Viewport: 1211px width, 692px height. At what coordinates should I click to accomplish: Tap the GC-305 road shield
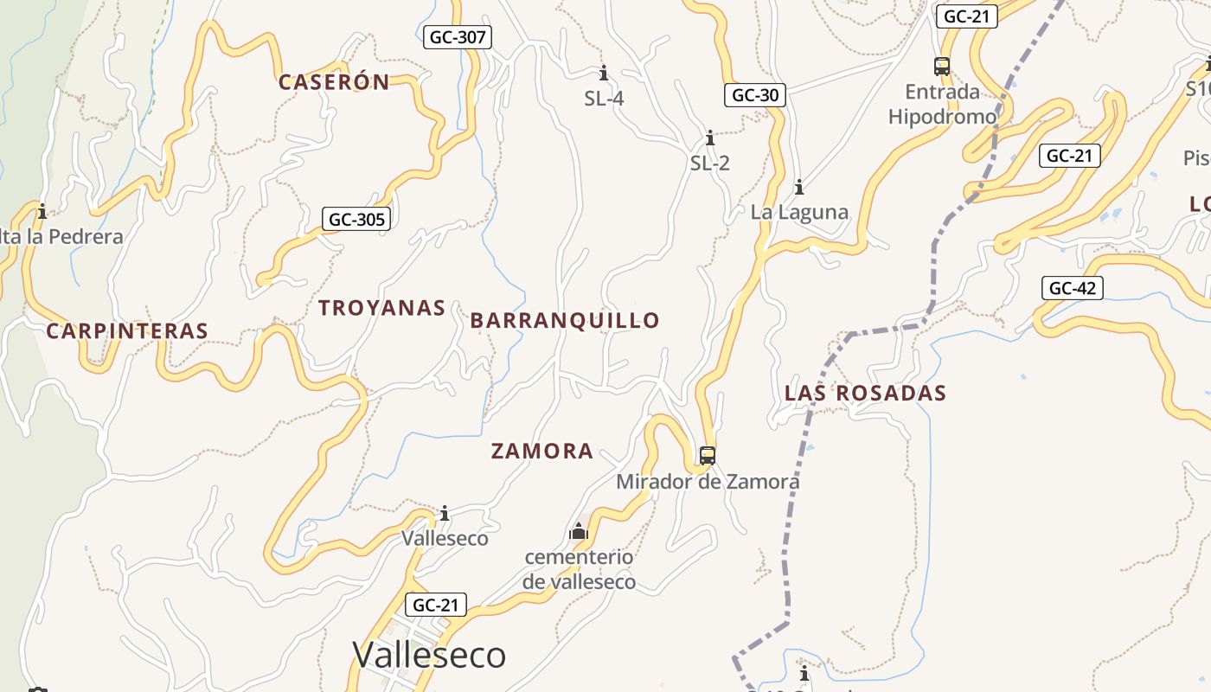[356, 219]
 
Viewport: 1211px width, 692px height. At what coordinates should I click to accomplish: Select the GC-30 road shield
[754, 95]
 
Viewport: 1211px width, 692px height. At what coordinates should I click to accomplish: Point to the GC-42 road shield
[1073, 288]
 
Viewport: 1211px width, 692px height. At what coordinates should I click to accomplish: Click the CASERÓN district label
[334, 82]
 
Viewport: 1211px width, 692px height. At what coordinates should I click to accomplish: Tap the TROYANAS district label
[381, 308]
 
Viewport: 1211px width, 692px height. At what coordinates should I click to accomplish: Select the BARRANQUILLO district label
[565, 320]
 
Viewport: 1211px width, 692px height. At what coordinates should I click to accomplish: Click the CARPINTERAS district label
[127, 330]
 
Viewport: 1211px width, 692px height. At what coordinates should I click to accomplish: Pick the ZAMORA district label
[542, 451]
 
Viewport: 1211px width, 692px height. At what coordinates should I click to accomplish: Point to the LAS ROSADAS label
[865, 393]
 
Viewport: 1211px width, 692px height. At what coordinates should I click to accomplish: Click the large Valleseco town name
[429, 655]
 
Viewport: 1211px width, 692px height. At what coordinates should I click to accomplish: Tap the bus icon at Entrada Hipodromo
[942, 66]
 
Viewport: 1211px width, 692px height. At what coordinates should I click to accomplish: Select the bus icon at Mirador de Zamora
[708, 455]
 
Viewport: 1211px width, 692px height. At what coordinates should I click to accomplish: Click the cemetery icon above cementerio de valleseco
[579, 530]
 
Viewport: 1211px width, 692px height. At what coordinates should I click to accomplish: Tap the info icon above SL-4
[604, 73]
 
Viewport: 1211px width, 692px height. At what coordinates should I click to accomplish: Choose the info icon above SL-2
[710, 138]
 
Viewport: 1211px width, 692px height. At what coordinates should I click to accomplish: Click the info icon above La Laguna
[799, 186]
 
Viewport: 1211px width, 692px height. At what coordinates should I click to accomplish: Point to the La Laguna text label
[799, 212]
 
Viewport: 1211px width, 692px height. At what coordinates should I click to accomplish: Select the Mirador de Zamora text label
[708, 482]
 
